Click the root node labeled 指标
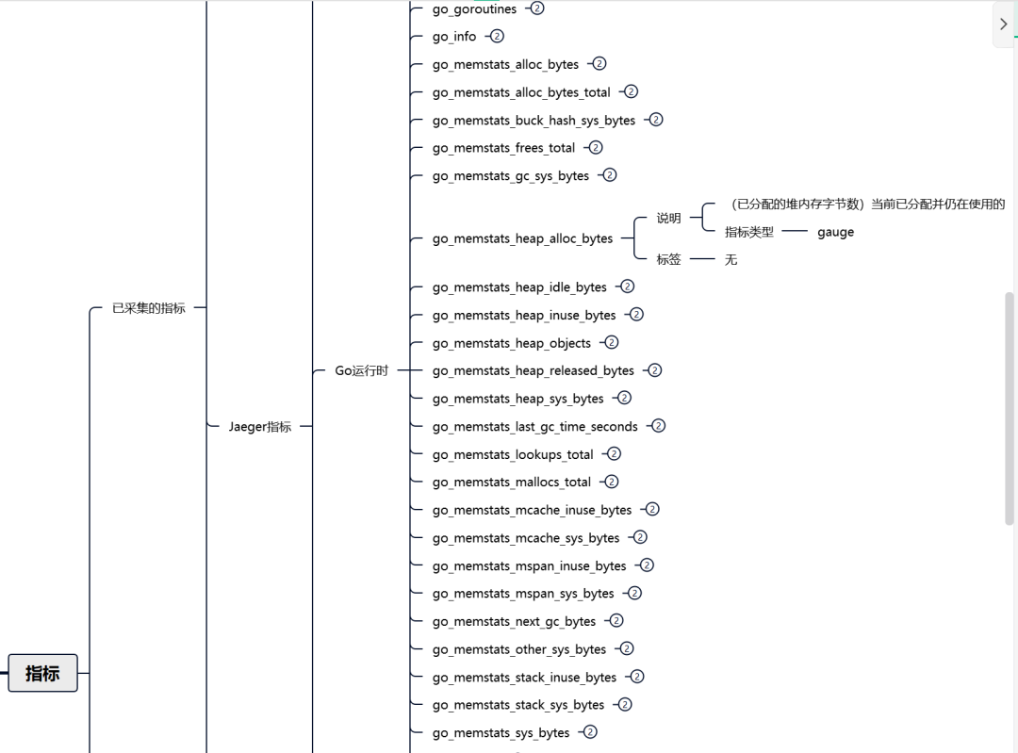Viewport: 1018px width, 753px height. point(42,673)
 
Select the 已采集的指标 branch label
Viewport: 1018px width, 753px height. point(149,308)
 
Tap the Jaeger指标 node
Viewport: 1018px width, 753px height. point(260,427)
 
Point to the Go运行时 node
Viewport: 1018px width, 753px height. point(362,370)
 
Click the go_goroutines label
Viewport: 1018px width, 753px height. point(474,9)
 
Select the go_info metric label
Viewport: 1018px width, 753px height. point(454,37)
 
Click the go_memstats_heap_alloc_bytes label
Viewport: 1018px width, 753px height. point(522,238)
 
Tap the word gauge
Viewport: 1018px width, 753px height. point(835,232)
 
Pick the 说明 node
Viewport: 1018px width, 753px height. point(668,218)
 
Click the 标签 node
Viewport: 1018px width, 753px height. point(668,259)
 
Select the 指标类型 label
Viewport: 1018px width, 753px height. point(749,232)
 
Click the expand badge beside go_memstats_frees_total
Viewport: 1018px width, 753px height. point(596,147)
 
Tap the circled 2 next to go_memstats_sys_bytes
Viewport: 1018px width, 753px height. point(590,731)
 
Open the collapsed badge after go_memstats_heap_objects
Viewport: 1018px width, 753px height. point(612,342)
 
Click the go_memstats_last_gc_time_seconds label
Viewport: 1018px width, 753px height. point(534,427)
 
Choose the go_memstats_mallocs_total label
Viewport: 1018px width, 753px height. point(512,483)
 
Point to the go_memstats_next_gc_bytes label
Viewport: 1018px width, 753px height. point(514,622)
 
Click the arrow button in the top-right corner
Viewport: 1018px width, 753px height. point(1003,25)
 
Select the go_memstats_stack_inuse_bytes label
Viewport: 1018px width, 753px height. point(524,678)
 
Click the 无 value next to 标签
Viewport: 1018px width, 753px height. point(731,259)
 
